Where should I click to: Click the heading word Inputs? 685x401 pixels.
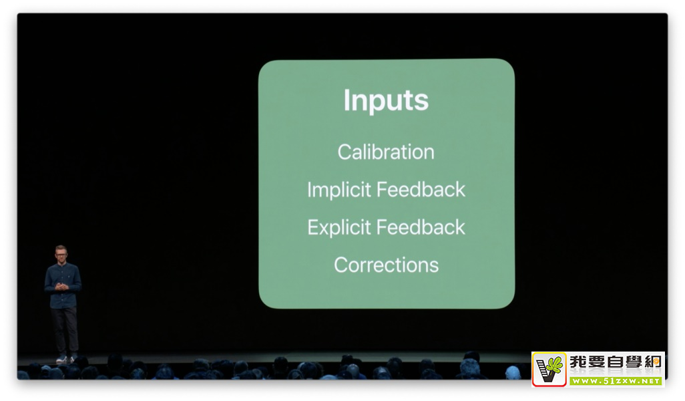(386, 101)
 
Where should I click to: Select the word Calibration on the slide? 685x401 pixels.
(386, 152)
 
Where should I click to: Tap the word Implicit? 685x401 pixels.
(339, 190)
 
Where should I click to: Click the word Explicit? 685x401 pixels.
(339, 228)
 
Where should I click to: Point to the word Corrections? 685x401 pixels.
(386, 265)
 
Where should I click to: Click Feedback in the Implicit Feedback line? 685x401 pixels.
(421, 189)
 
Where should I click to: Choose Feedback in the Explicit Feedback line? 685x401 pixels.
(421, 227)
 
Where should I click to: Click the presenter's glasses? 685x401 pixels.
(61, 254)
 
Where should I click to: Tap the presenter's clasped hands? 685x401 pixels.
(61, 287)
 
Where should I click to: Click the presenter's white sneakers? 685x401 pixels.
(66, 359)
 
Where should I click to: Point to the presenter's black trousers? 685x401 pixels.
(65, 331)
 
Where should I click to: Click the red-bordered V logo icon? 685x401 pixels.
(549, 370)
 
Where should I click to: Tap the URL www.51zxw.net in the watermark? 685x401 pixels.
(616, 381)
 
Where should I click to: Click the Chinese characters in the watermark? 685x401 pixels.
(616, 362)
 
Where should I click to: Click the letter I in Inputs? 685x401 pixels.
(347, 100)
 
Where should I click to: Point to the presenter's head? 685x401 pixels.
(61, 253)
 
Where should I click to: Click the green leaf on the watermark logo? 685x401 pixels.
(555, 364)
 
